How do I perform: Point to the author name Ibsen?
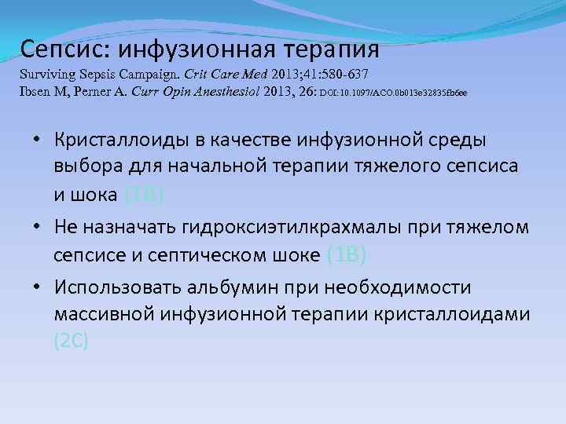36,93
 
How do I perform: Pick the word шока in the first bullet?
95,195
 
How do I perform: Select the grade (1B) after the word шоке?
346,254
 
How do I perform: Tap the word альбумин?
236,287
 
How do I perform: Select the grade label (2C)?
72,342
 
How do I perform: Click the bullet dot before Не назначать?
38,227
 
